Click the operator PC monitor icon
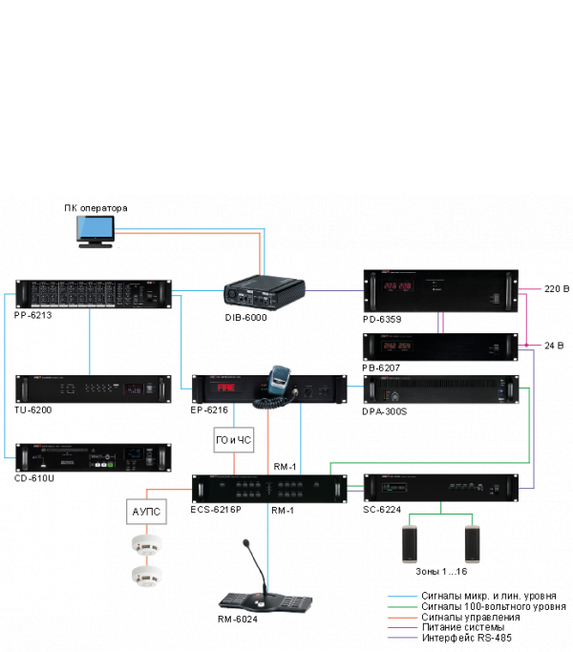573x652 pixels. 95,232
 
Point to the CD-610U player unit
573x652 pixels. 92,458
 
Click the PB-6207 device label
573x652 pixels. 384,366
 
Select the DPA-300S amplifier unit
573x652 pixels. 445,391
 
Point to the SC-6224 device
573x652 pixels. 445,488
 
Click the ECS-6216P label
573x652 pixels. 217,511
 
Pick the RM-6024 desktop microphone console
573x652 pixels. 265,598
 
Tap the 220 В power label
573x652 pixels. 556,288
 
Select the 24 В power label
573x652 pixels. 554,345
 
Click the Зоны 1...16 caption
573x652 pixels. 441,572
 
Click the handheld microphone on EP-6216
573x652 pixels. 278,382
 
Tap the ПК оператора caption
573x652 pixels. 95,207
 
